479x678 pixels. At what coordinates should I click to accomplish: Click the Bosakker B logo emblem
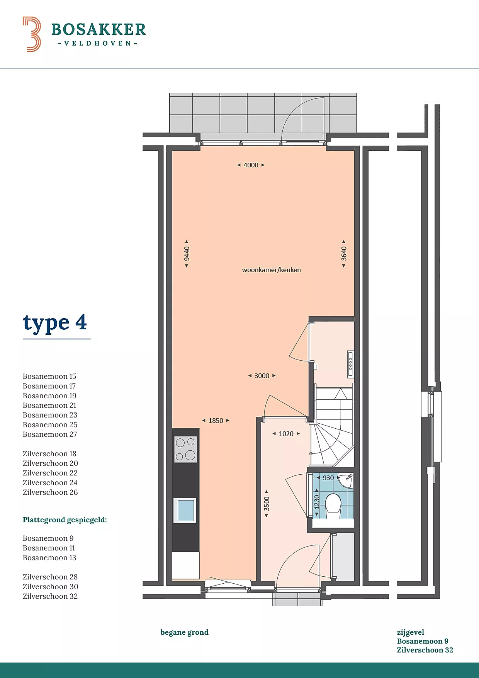point(32,34)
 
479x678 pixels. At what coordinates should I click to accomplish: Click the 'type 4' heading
point(55,323)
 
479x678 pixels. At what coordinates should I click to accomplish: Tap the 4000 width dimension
point(251,165)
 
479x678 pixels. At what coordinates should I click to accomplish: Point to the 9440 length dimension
point(187,254)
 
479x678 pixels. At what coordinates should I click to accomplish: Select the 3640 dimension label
point(344,254)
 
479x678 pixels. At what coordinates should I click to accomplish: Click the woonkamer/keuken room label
point(271,270)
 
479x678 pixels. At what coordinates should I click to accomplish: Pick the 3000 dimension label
point(262,376)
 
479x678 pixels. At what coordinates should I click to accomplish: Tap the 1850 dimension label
point(216,421)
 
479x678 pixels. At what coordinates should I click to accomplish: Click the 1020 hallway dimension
point(286,434)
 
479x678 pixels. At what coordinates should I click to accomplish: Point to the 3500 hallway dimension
point(267,504)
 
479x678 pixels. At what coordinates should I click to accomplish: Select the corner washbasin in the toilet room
point(347,480)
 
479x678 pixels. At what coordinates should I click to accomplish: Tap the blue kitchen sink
point(185,510)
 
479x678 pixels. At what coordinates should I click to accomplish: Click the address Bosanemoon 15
point(49,376)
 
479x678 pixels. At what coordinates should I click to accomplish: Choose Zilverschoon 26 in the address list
point(50,492)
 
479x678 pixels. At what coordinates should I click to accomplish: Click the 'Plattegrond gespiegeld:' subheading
point(65,520)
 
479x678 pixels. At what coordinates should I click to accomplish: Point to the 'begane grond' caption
point(185,632)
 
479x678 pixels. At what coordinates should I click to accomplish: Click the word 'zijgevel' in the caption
point(411,632)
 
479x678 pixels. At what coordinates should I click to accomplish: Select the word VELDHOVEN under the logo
point(98,43)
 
